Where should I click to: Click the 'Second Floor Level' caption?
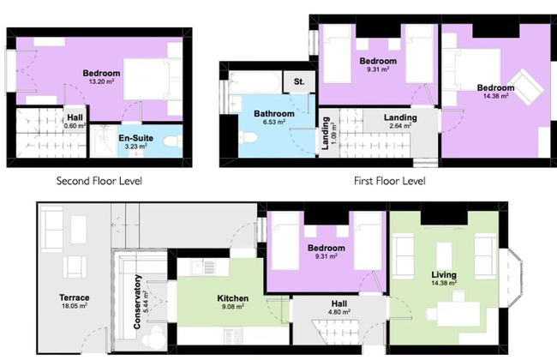99,181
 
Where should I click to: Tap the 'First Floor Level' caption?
390,181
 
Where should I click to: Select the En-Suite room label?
136,138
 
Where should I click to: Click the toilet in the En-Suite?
172,141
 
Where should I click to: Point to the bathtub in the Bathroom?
255,82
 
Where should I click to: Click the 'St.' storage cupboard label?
299,81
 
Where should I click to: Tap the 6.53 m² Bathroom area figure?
274,122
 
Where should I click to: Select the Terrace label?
75,297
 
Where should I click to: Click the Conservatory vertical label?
137,302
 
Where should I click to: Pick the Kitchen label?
233,298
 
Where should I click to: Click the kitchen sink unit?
203,267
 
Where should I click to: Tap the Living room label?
444,274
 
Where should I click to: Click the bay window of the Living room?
511,278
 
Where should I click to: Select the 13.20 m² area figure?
101,81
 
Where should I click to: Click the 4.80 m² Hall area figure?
339,312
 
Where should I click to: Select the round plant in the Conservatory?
153,337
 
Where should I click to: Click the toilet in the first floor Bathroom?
248,137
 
